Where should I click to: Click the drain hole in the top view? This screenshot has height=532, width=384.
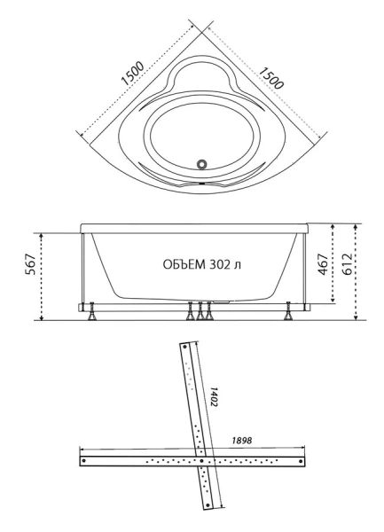(x=203, y=163)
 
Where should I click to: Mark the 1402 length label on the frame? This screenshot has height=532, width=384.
(x=215, y=396)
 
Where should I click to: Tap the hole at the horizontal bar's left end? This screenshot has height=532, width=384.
(x=83, y=460)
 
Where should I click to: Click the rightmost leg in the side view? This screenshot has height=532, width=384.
(x=288, y=312)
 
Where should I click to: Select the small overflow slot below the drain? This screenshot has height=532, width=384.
(x=202, y=182)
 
